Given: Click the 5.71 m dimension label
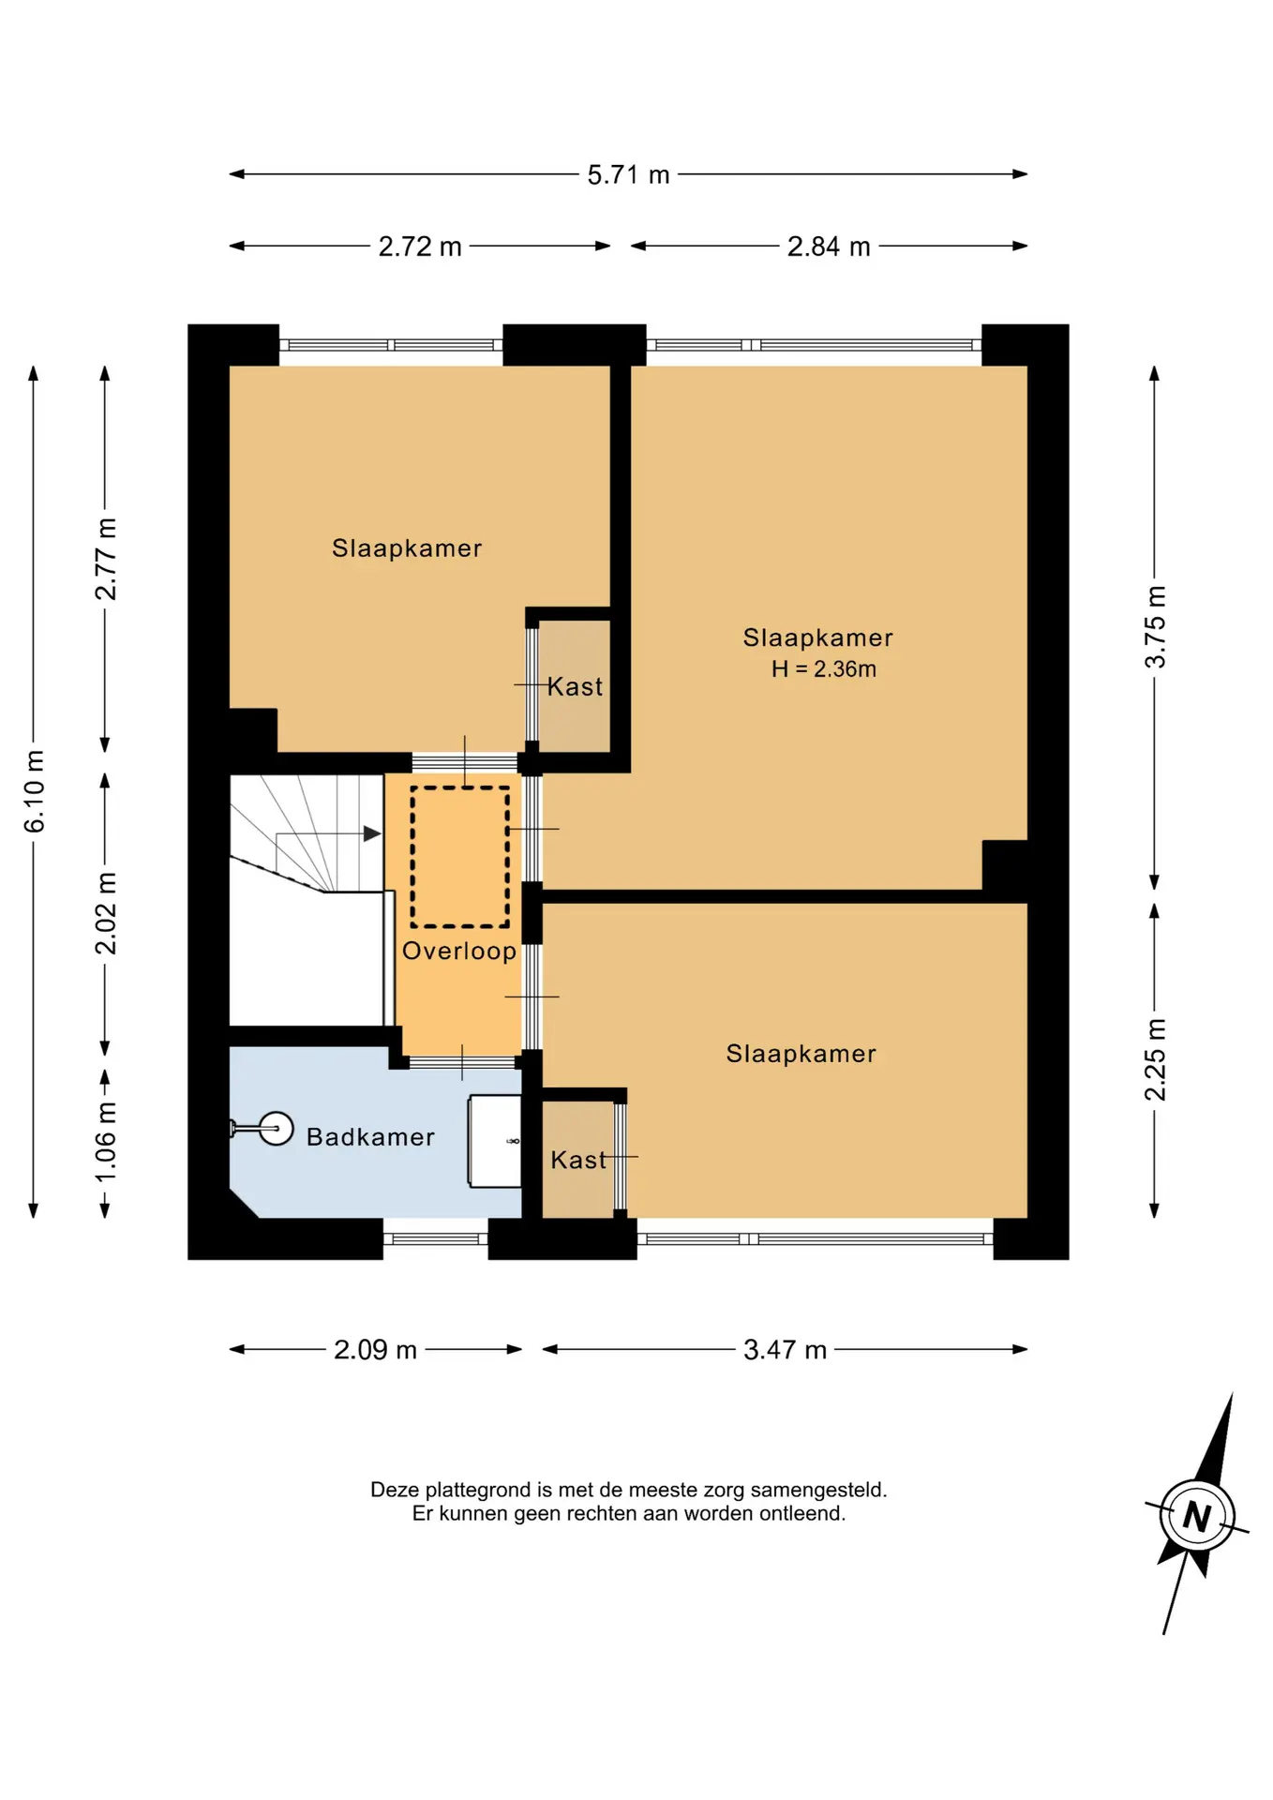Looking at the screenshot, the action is pyautogui.click(x=628, y=175).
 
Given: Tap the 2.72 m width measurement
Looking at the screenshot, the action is pyautogui.click(x=420, y=247).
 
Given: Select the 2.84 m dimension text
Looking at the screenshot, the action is pyautogui.click(x=829, y=247).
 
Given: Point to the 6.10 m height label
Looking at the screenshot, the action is pyautogui.click(x=35, y=791).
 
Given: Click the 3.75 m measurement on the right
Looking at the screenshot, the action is pyautogui.click(x=1156, y=626).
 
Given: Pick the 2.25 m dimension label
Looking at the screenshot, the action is pyautogui.click(x=1156, y=1059).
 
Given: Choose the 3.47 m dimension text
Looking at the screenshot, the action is pyautogui.click(x=785, y=1350).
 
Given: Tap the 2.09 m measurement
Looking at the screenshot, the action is pyautogui.click(x=375, y=1350).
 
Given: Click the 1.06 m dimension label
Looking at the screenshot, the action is pyautogui.click(x=106, y=1142).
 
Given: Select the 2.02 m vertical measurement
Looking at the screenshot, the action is pyautogui.click(x=106, y=913).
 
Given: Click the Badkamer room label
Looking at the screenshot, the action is pyautogui.click(x=370, y=1137).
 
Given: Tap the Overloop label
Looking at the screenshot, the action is pyautogui.click(x=459, y=952).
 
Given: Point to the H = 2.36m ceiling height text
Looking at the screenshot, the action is pyautogui.click(x=824, y=669).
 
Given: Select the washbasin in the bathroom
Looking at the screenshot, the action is pyautogui.click(x=495, y=1141).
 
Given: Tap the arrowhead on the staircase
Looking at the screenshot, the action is pyautogui.click(x=372, y=833).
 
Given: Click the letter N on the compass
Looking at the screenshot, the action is pyautogui.click(x=1197, y=1516).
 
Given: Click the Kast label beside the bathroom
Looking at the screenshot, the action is pyautogui.click(x=577, y=1161).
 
